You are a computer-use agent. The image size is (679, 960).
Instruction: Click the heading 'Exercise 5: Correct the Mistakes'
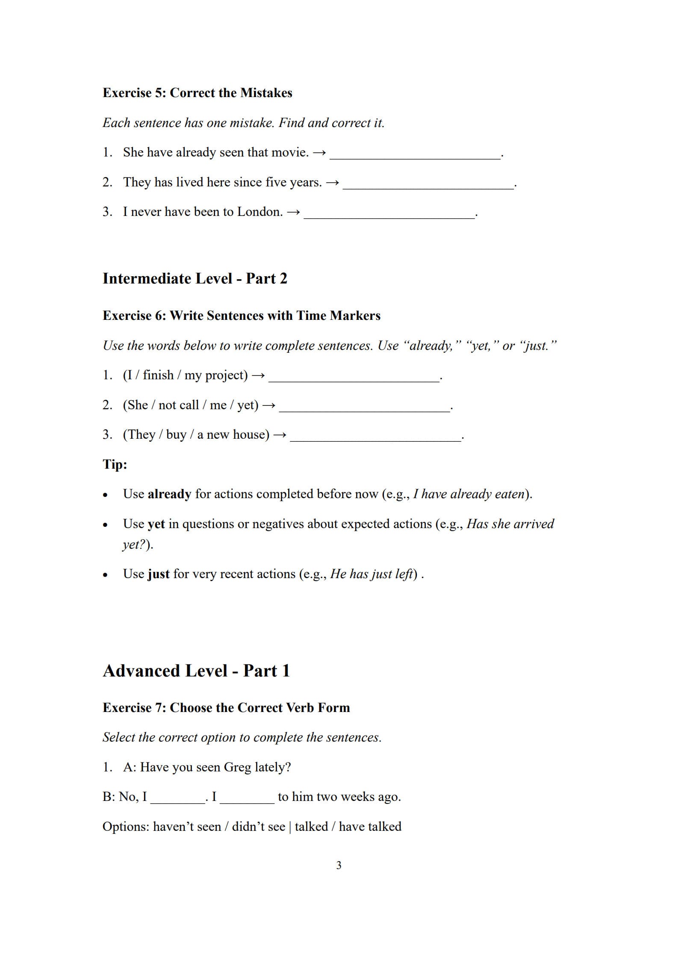197,93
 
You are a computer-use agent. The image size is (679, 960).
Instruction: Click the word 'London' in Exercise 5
259,212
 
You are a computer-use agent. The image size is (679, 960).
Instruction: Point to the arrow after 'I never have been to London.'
293,212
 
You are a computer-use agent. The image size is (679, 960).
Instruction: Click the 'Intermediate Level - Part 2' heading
195,278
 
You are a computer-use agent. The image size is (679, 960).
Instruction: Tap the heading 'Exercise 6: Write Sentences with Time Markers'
241,316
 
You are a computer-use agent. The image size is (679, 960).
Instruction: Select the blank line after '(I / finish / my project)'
354,378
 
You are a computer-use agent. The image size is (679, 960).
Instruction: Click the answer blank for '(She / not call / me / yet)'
364,408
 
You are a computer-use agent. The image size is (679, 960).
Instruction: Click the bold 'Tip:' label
115,464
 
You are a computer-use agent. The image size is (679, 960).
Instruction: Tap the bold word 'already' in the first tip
169,494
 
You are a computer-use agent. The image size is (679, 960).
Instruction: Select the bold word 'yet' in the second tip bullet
156,524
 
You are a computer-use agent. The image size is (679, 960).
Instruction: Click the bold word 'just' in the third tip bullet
158,574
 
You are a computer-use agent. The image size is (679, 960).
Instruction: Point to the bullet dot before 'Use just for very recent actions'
105,575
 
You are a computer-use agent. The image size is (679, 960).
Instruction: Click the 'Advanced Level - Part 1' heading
196,671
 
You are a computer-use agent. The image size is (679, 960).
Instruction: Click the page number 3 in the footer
339,865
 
